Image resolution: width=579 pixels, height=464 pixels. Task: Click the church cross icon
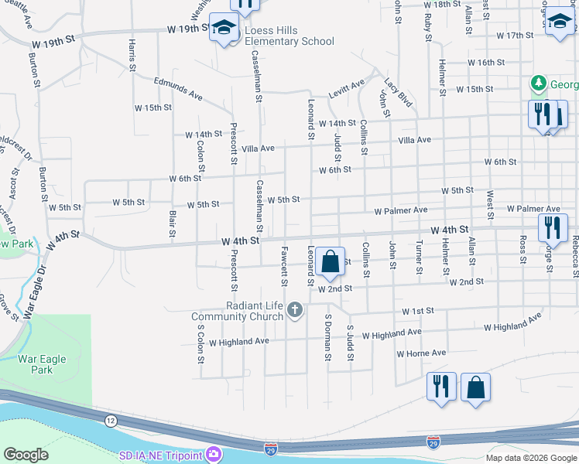(x=294, y=310)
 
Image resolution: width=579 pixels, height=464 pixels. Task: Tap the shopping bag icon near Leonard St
(x=330, y=262)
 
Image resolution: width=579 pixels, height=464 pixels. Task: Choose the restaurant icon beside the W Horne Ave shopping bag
(x=441, y=386)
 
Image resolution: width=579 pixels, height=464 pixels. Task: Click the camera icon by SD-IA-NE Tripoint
(x=212, y=454)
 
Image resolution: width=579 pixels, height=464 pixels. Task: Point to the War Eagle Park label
(x=43, y=364)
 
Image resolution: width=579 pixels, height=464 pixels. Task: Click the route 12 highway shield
(x=111, y=418)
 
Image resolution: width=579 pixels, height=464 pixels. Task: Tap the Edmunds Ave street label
(x=178, y=87)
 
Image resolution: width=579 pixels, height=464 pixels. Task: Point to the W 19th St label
(x=188, y=28)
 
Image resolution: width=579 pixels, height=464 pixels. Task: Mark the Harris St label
(x=132, y=56)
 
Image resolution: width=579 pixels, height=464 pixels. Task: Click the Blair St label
(x=171, y=223)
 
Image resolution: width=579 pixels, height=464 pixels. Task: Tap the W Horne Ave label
(x=421, y=353)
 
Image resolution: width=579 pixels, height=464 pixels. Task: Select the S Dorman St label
(x=327, y=337)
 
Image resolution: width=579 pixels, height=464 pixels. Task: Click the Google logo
(x=26, y=454)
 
